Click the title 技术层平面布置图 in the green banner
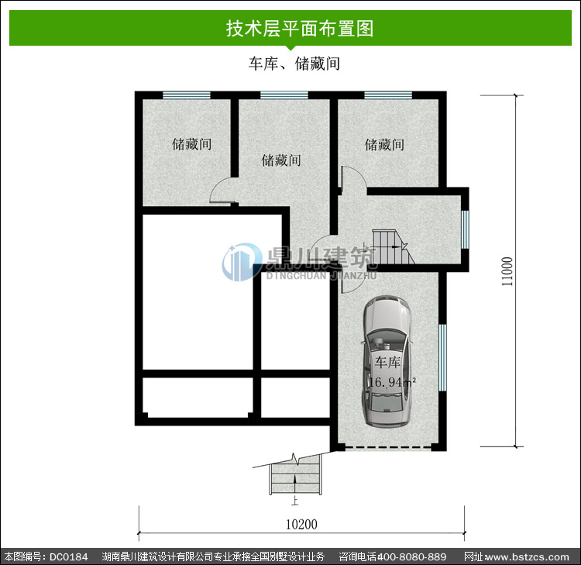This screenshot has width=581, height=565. coord(299,29)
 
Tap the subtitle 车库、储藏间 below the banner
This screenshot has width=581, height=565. coord(294,64)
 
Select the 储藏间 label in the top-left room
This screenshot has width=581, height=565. coord(191,144)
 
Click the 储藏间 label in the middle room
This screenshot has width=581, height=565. coord(281,160)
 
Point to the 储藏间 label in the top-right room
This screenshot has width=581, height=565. coord(384,145)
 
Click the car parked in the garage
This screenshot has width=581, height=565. coord(387,360)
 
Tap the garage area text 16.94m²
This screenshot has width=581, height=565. coord(392,382)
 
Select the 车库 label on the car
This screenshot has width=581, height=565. coord(387,362)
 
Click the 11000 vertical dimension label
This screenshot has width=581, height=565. coord(507,271)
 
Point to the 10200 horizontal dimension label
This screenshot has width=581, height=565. coord(301,524)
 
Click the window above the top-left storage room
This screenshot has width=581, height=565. coord(187,95)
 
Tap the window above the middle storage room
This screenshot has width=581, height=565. coord(284,95)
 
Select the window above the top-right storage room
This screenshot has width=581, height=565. coord(388,95)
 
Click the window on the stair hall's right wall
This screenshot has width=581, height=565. coord(466,229)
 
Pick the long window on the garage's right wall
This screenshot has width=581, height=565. coord(443,358)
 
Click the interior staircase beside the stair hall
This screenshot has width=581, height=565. coord(393,247)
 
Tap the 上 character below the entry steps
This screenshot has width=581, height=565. coord(294,501)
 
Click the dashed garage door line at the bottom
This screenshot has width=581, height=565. coord(388,448)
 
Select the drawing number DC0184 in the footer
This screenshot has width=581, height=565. coord(68,556)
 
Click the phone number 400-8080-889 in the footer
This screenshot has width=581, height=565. coord(411,556)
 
